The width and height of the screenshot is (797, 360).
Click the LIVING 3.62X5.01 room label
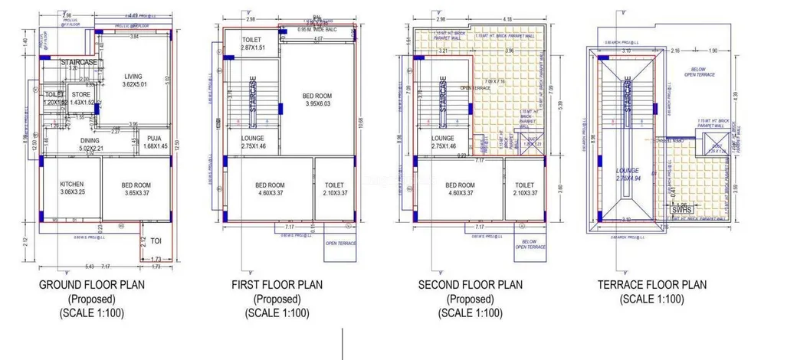click(139, 80)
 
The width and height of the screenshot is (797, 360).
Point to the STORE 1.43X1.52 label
click(82, 97)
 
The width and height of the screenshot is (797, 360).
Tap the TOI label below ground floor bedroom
click(156, 240)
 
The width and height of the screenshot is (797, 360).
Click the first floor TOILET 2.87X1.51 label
click(253, 44)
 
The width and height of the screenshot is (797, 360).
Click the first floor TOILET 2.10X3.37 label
click(334, 189)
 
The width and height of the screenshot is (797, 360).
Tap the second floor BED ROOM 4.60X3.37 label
click(461, 189)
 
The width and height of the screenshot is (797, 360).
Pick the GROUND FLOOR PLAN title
click(92, 285)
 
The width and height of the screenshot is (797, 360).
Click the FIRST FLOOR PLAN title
click(277, 285)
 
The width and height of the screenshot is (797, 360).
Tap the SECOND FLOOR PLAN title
click(471, 285)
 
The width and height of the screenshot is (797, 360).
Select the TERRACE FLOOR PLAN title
click(653, 285)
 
